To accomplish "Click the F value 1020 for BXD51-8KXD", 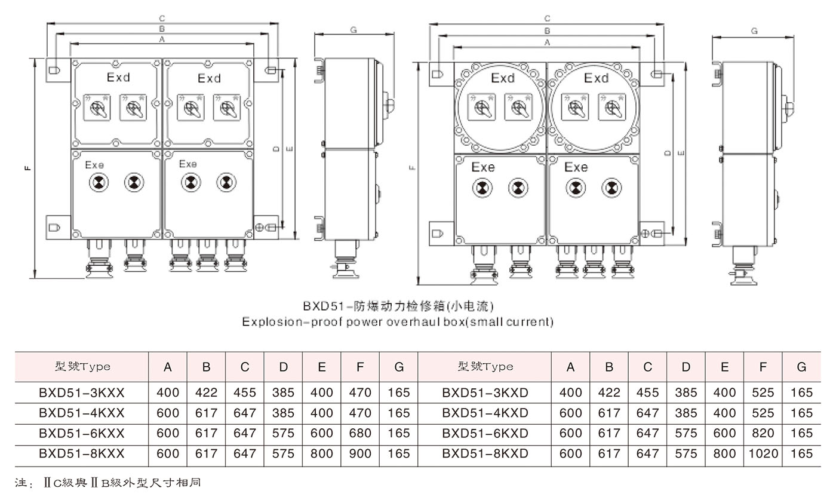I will coord(763,453).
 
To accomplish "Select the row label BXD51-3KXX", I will coord(82,392).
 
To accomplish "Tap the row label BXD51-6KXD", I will coord(485,433).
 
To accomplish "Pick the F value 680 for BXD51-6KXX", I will coord(360,433).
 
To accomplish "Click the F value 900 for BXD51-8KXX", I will coord(360,453).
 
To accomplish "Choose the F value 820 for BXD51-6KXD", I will coord(763,433).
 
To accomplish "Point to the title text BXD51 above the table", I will coord(322,306).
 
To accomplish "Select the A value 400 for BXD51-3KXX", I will coord(168,392).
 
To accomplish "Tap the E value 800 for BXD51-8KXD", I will coord(724,453).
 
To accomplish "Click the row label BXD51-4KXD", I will coord(485,413).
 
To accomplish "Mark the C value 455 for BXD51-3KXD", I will coord(648,392).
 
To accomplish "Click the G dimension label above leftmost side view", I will coord(354,29).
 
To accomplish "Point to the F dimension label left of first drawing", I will coord(28,168).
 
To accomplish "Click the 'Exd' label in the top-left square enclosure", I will coord(118,78).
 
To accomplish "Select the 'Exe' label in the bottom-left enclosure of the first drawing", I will coord(94,164).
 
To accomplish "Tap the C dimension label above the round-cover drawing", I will coord(547,19).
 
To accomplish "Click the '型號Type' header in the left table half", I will coord(82,367).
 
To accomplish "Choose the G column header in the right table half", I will coord(801,367).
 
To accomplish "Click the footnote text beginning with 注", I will coord(107,482).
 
